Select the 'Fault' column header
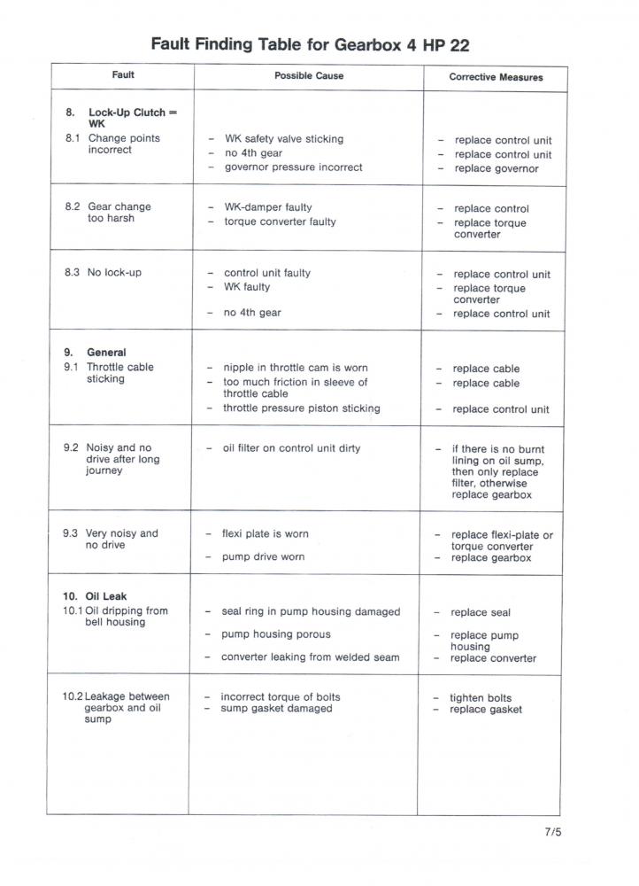[x=123, y=75]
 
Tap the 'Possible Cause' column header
[x=309, y=76]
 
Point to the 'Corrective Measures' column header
[x=496, y=77]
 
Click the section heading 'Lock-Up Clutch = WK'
[x=132, y=118]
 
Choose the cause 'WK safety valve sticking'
[x=283, y=139]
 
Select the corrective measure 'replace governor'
[x=496, y=168]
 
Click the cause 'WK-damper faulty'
[x=267, y=207]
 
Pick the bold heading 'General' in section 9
[x=106, y=352]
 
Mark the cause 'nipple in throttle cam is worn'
[x=295, y=368]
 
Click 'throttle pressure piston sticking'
[x=301, y=408]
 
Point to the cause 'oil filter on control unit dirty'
[x=291, y=448]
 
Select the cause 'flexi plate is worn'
[x=265, y=534]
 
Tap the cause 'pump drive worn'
[x=263, y=556]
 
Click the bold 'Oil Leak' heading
[x=105, y=596]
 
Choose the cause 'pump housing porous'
[x=275, y=634]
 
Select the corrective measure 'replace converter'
[x=493, y=658]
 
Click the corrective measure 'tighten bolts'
[x=481, y=698]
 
